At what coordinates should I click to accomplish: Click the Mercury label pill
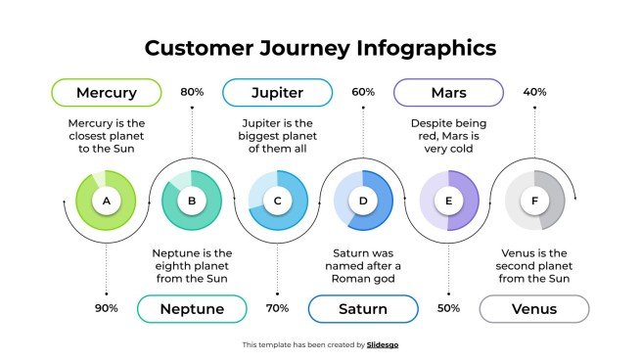click(x=106, y=93)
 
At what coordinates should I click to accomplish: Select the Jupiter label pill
click(x=277, y=93)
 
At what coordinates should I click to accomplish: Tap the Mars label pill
click(x=448, y=93)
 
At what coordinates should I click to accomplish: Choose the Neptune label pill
click(x=192, y=309)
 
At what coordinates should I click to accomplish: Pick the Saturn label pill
click(x=363, y=309)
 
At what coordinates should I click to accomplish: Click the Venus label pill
click(x=534, y=309)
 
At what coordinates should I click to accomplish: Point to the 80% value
click(x=192, y=92)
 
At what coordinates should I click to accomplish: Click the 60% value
click(x=363, y=92)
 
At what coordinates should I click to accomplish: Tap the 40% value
click(x=534, y=92)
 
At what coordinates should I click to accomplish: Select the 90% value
click(x=106, y=308)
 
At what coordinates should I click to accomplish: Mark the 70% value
click(x=277, y=308)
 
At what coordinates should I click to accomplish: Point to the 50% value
click(x=448, y=308)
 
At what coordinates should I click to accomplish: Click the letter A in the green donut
click(x=106, y=202)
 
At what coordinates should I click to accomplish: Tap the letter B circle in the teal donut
click(x=192, y=202)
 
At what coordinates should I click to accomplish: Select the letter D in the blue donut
click(x=363, y=202)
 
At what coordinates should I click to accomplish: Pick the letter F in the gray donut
click(x=534, y=202)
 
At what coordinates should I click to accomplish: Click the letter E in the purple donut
click(x=448, y=202)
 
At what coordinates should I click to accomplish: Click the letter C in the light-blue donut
click(x=277, y=202)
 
